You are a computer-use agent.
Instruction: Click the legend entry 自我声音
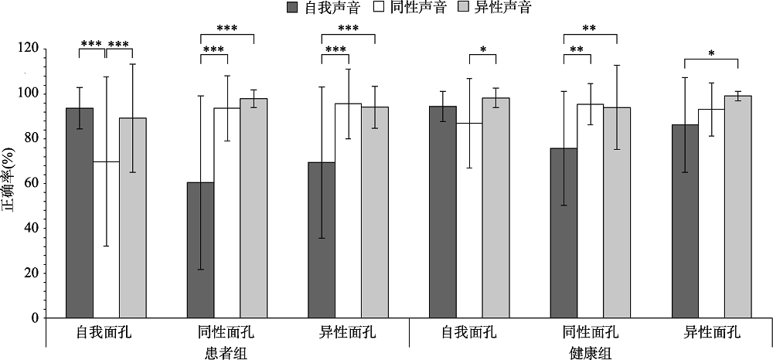coord(312,9)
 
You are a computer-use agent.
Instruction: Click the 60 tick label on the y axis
coord(31,183)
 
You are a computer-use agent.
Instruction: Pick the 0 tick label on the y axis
coord(34,318)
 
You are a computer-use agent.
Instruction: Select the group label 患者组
coord(226,352)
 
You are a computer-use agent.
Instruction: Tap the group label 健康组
coord(590,352)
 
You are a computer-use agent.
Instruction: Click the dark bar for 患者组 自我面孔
coord(80,212)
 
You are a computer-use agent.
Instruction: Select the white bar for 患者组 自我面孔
coord(106,239)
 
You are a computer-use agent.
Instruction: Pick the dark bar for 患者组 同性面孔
coord(200,250)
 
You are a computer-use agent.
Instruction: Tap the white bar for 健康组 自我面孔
coord(469,220)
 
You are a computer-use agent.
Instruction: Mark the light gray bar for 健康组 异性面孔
coord(737,206)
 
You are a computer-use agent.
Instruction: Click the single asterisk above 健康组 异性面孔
coord(711,54)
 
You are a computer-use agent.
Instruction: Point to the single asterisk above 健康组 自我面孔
coord(482,50)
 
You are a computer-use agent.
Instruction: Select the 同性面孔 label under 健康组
coord(591,334)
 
